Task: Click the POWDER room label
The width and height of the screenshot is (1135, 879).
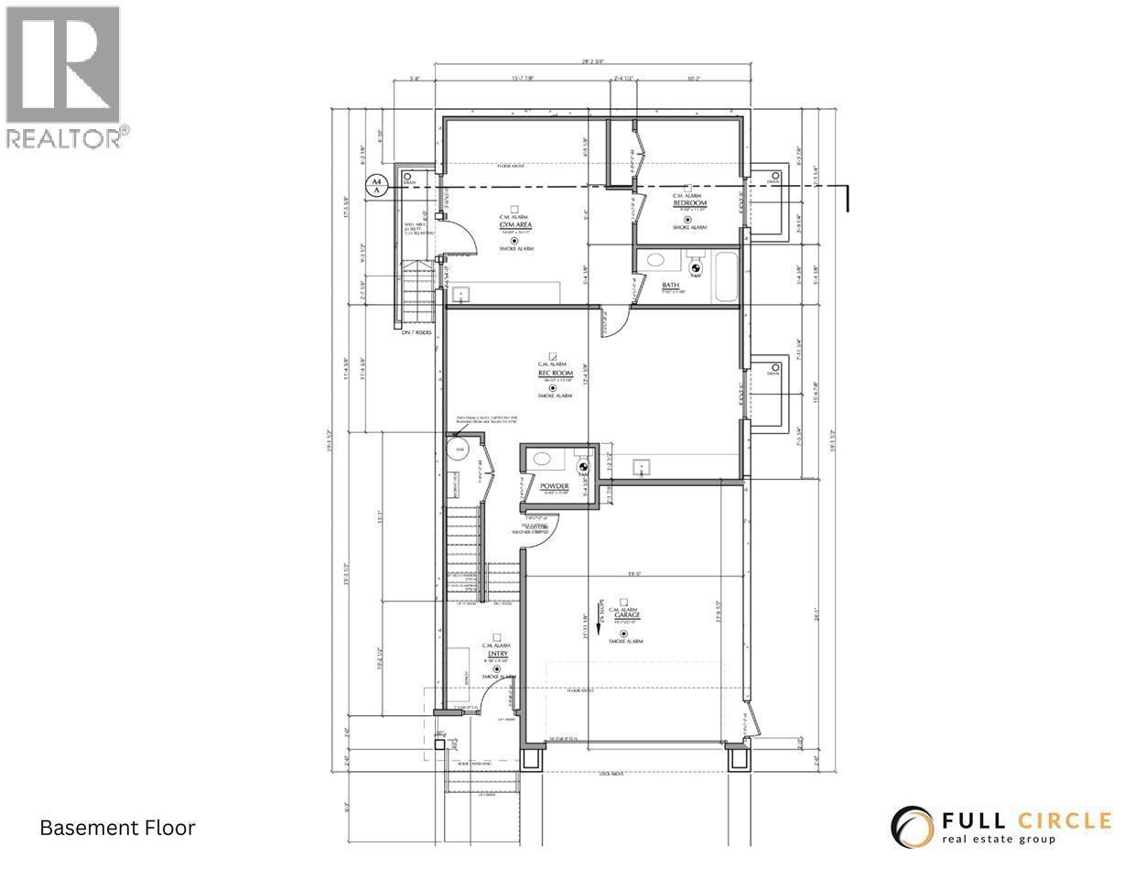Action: tap(555, 486)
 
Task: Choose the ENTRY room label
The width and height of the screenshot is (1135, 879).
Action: tap(497, 654)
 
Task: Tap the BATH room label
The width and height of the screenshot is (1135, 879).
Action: tap(671, 286)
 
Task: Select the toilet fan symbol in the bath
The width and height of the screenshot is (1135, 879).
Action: tap(695, 269)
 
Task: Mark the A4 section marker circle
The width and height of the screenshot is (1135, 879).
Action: tap(374, 185)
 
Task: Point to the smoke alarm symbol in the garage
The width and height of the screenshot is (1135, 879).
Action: tap(623, 634)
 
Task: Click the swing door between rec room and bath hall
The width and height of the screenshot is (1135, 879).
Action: tap(615, 321)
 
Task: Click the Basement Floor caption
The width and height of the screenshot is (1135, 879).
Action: tap(117, 828)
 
